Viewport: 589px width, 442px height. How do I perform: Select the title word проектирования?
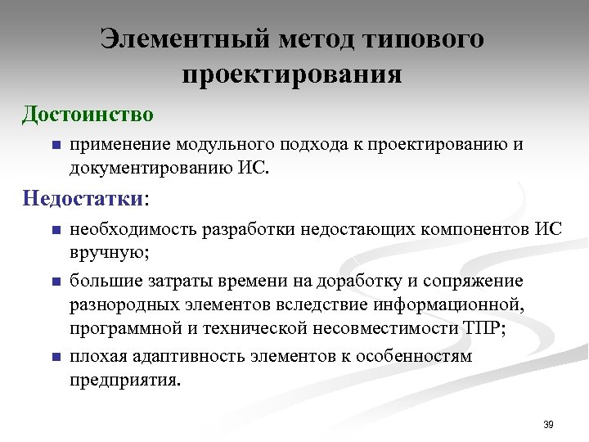292,75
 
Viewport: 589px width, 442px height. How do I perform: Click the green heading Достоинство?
88,112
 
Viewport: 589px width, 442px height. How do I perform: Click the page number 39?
548,424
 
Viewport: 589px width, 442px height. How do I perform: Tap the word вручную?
107,252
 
